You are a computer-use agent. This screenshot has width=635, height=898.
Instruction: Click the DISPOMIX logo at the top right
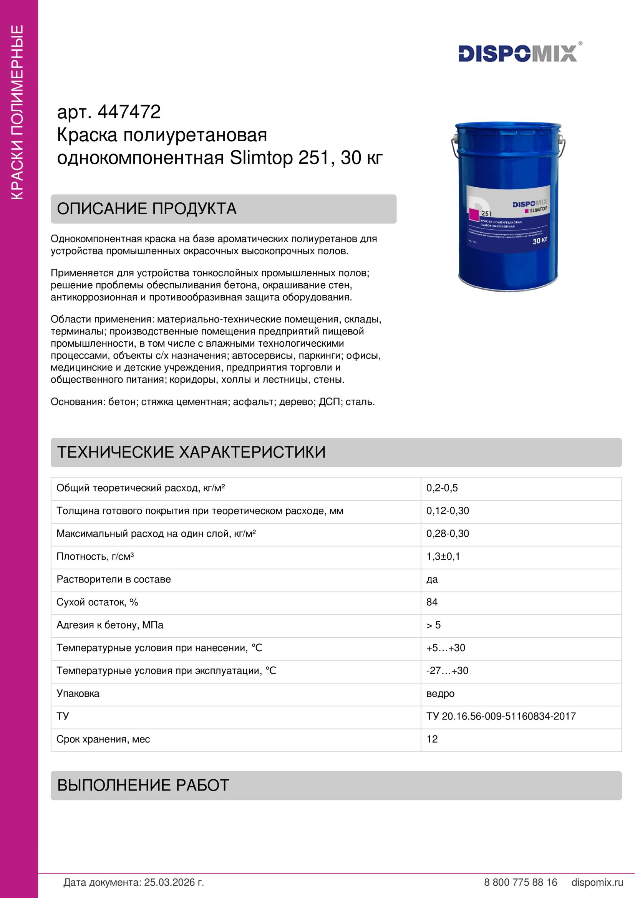point(518,53)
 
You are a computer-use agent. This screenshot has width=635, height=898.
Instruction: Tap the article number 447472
point(129,112)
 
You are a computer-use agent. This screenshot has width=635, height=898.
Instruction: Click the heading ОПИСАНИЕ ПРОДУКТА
point(147,209)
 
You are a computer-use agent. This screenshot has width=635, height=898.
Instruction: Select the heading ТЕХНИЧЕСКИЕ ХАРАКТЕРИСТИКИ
point(191,452)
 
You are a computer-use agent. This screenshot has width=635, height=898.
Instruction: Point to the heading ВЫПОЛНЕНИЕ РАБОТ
point(143,785)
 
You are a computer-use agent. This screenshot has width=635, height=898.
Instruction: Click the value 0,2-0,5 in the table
point(442,488)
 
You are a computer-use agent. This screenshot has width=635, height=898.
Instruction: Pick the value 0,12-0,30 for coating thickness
point(448,511)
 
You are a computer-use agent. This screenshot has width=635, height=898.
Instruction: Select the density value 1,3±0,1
point(443,557)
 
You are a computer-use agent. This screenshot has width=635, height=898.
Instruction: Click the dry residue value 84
point(432,602)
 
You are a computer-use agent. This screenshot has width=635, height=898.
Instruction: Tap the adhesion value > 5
point(433,625)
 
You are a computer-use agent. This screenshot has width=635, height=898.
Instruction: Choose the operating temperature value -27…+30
point(447,671)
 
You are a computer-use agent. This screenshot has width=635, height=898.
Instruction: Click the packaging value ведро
point(440,694)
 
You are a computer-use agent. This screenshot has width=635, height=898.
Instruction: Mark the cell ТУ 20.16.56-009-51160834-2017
point(501,716)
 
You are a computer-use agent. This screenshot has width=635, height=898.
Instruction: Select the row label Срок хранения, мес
point(103,739)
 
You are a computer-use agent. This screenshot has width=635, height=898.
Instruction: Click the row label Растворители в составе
point(113,579)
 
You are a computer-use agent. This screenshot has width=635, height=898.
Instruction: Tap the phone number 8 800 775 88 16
point(521,882)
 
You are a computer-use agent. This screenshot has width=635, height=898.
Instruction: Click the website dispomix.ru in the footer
point(597,882)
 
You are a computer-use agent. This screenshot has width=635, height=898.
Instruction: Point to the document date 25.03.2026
point(174,882)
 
